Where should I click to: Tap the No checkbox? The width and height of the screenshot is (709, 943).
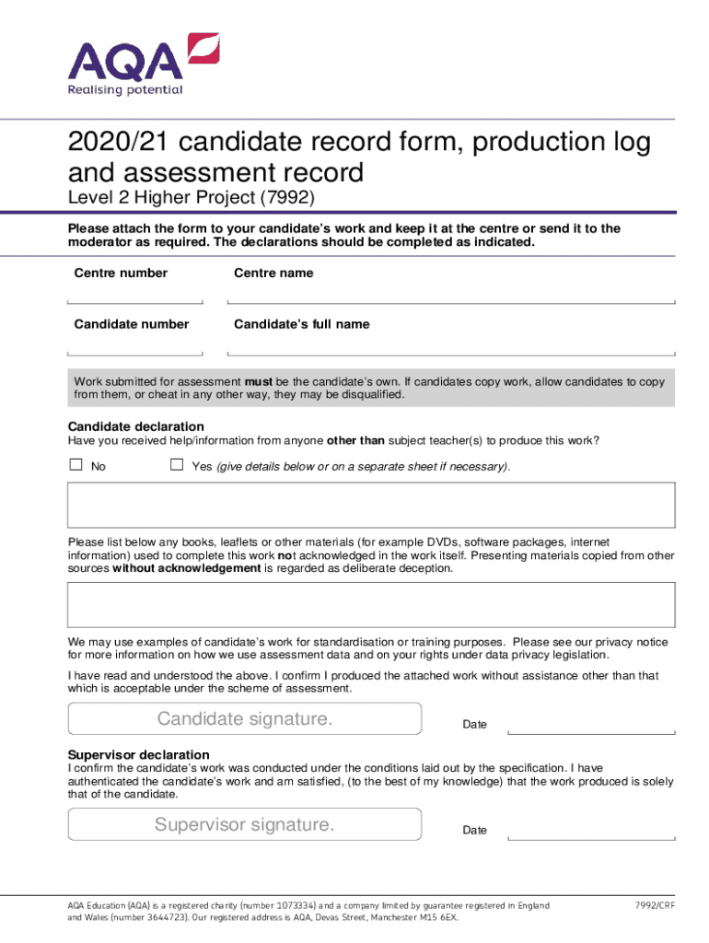tap(76, 465)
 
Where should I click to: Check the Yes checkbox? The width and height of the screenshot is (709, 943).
tap(177, 465)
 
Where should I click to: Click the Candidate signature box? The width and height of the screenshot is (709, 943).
tap(245, 718)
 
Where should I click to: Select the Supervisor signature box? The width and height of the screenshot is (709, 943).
tap(245, 824)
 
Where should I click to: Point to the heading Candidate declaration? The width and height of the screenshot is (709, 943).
tap(136, 426)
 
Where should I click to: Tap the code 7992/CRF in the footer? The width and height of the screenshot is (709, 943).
tap(654, 905)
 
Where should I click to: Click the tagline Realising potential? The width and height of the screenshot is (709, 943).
tap(125, 90)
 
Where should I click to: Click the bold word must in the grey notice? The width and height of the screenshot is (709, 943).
tap(257, 381)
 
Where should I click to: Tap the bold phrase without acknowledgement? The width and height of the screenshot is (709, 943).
tap(187, 568)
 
